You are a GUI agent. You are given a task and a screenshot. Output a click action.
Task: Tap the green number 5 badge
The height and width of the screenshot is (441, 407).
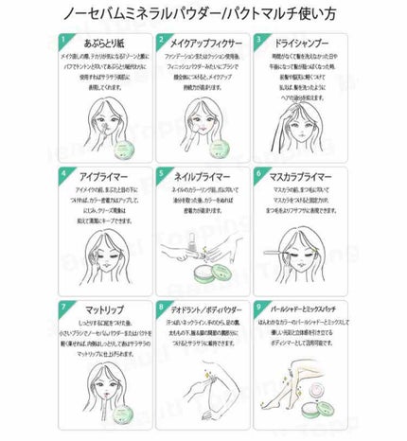coord(163,175)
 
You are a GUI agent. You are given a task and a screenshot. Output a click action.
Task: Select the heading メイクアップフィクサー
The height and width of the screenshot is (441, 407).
coord(206,43)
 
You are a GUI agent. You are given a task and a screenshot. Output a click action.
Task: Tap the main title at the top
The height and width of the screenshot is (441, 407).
coord(203,14)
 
